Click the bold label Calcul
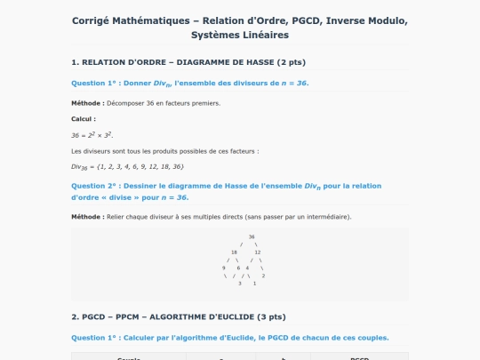tap(84, 118)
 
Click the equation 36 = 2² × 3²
tap(92, 135)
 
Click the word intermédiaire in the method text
tap(325, 217)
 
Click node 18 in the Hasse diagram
tap(234, 252)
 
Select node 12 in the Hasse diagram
tap(258, 252)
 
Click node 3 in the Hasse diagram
tap(240, 283)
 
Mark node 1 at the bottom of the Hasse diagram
tap(254, 283)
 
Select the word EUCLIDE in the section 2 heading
tap(234, 316)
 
